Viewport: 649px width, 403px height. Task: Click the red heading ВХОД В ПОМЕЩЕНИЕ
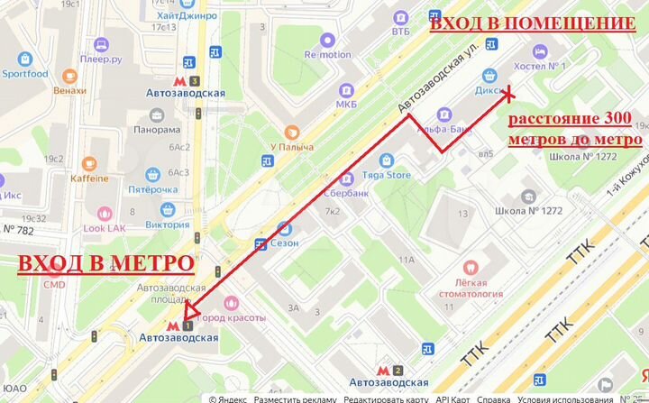(531, 24)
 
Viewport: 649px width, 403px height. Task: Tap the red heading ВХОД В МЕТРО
(106, 263)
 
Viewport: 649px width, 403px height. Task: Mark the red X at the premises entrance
(508, 92)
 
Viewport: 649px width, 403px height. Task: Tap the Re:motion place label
(327, 54)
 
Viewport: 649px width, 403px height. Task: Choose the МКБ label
(346, 105)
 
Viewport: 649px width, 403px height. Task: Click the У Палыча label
(291, 147)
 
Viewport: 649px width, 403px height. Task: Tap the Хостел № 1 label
(539, 66)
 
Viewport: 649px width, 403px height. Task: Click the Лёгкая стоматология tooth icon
(469, 267)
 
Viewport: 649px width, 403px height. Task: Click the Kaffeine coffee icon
(89, 163)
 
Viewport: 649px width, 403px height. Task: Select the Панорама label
(157, 129)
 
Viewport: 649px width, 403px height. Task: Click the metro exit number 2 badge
(398, 369)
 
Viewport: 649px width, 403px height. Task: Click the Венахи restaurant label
(69, 90)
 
